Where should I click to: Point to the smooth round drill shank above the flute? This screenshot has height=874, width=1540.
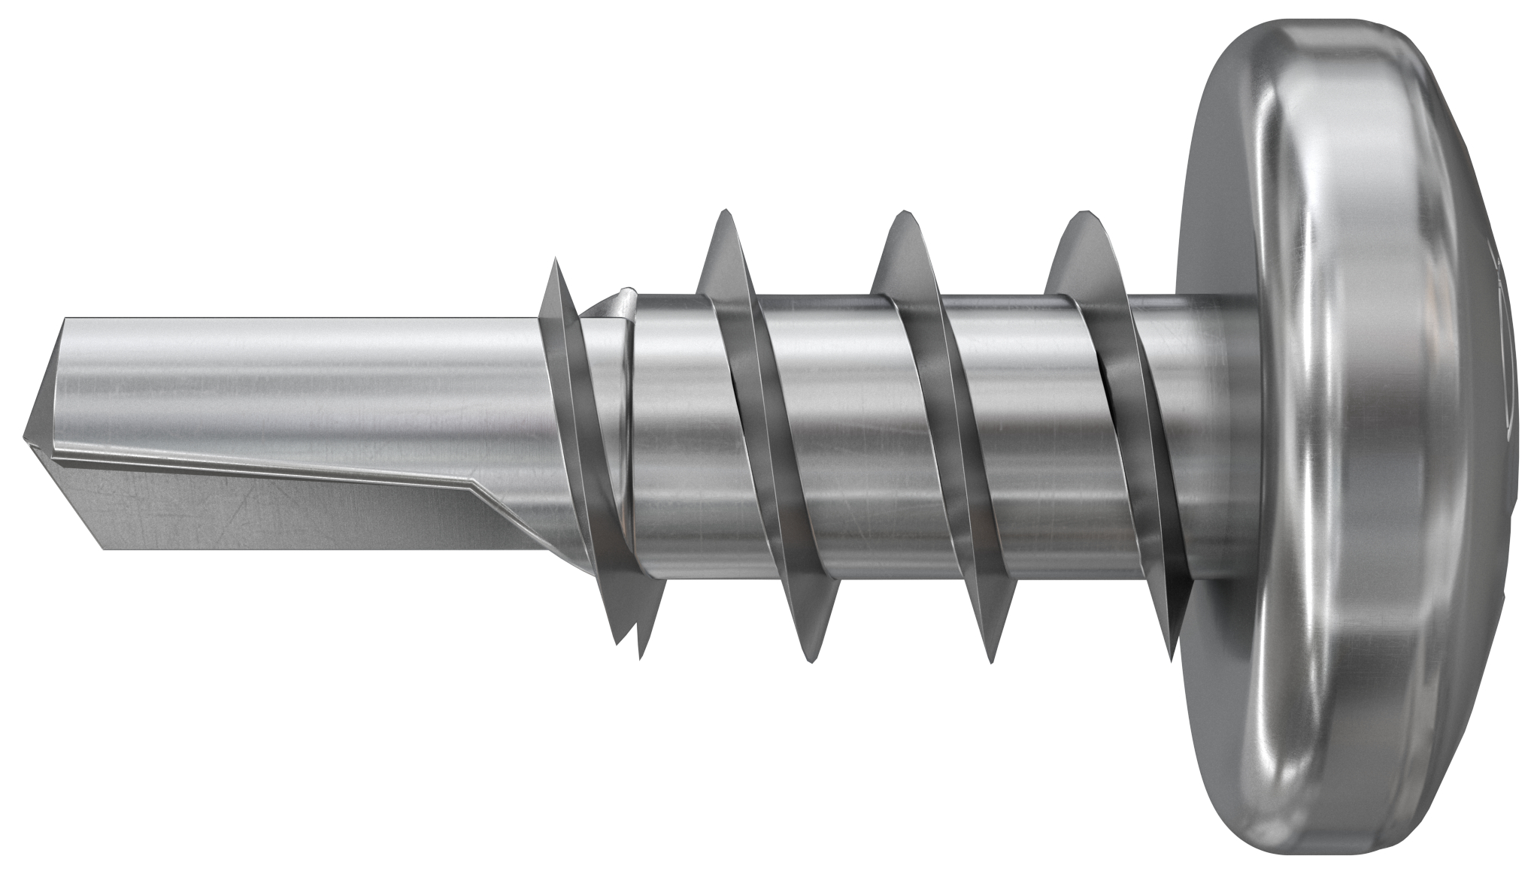pyautogui.click(x=301, y=376)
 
